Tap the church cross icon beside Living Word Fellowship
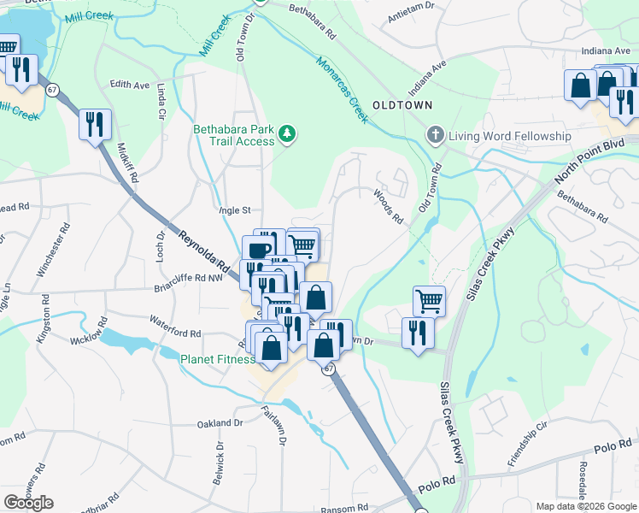pos(435,135)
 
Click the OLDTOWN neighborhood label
pos(402,104)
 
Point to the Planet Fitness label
pos(217,359)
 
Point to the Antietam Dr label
pos(411,15)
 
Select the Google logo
pos(29,503)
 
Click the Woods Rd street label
pos(388,206)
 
